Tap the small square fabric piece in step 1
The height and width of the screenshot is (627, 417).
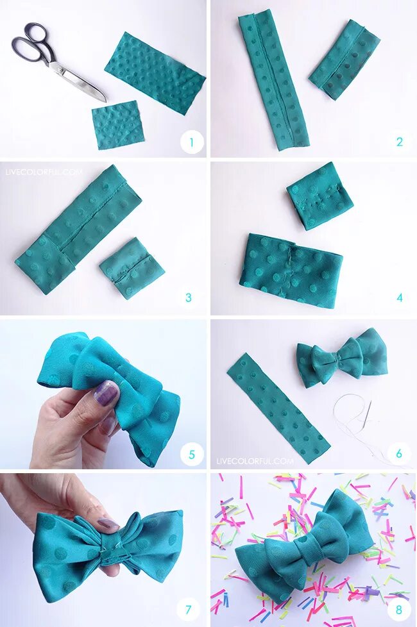(x=117, y=124)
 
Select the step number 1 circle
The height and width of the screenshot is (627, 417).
(x=192, y=142)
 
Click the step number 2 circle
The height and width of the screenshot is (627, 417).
(x=399, y=142)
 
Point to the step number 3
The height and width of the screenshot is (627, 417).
(x=189, y=297)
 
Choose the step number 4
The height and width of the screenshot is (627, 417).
(x=400, y=297)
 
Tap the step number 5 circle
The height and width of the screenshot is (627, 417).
(x=192, y=455)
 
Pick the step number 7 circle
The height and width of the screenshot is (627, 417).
(x=188, y=610)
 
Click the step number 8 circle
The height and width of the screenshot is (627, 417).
(x=399, y=610)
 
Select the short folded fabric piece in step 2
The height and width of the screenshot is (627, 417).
(x=344, y=59)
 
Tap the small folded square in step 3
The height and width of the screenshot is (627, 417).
(x=132, y=269)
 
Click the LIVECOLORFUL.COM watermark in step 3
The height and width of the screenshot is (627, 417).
(x=44, y=172)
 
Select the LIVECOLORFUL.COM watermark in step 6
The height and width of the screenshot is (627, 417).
(x=255, y=461)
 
